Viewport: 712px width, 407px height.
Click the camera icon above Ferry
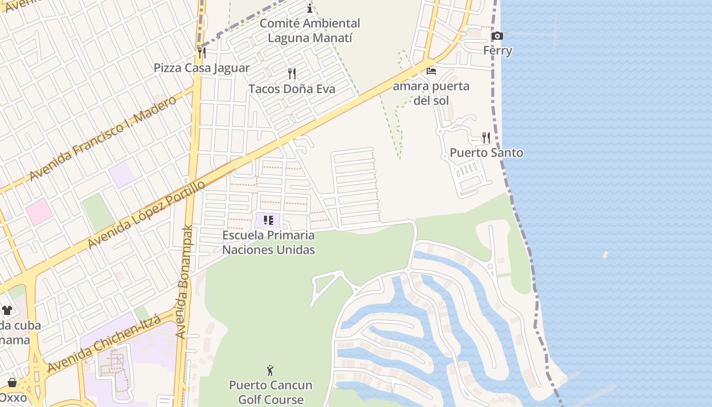(x=497, y=36)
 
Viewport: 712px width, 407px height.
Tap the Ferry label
(x=497, y=51)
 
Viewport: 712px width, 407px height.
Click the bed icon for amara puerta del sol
(x=431, y=71)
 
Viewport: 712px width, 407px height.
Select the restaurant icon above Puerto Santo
(x=486, y=137)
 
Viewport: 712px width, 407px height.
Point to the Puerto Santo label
(x=486, y=153)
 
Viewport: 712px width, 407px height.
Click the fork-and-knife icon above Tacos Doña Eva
(x=292, y=74)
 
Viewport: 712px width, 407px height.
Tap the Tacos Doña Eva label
(x=292, y=89)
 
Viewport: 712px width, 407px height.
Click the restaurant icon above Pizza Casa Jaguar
(x=202, y=52)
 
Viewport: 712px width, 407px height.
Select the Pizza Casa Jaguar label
(x=202, y=68)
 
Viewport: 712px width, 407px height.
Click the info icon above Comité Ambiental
(x=310, y=8)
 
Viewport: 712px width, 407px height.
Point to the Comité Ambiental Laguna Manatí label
(x=310, y=31)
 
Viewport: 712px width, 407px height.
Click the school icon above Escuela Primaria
(x=269, y=220)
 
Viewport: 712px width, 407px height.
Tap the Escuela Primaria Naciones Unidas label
(x=269, y=243)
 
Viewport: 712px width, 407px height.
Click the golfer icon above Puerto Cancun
(x=270, y=370)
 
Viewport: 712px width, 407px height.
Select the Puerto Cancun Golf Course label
(x=271, y=392)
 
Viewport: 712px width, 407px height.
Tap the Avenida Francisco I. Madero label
(x=103, y=138)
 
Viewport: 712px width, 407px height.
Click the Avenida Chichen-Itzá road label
(x=104, y=344)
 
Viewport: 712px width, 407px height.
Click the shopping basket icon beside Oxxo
(x=12, y=382)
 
